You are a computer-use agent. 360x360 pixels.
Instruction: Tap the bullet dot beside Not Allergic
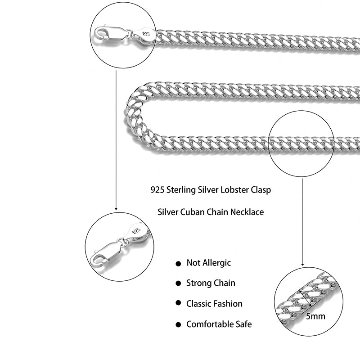(178, 263)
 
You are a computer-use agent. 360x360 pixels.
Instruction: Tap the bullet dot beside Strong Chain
(178, 283)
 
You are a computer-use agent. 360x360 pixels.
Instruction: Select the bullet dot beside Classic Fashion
(178, 304)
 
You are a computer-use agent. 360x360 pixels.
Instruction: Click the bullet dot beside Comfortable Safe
(178, 324)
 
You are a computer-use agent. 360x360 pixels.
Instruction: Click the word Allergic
(216, 263)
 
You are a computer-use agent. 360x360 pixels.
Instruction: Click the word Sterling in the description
(182, 190)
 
